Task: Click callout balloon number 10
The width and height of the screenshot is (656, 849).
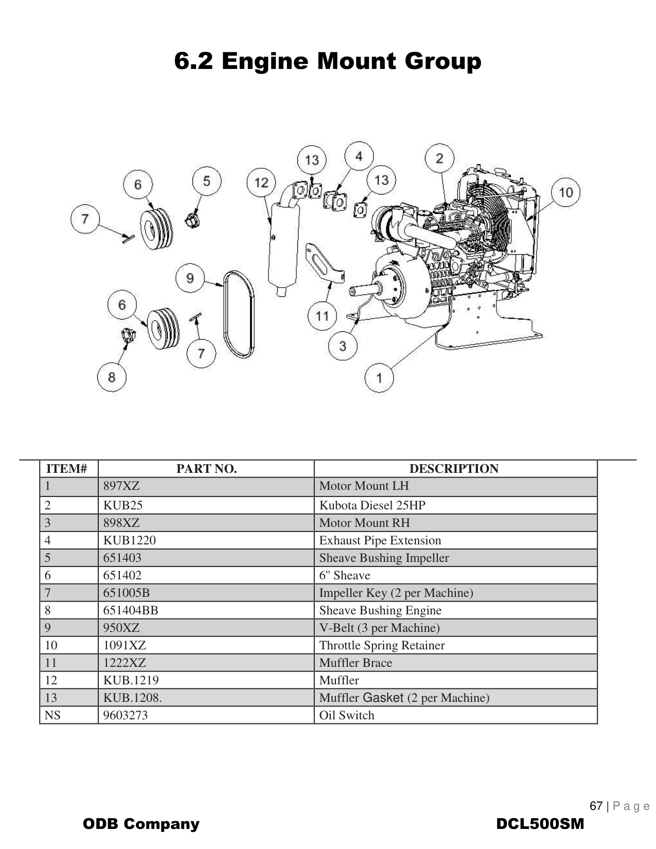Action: click(x=565, y=192)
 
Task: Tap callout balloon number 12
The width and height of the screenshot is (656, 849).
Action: click(x=261, y=182)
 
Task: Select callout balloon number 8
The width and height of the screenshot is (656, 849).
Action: click(x=112, y=377)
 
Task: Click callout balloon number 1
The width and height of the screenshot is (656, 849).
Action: click(x=379, y=378)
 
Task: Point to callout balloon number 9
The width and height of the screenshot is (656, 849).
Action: click(x=190, y=278)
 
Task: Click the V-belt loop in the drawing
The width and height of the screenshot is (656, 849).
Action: click(x=238, y=313)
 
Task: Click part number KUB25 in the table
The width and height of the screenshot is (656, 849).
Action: click(x=123, y=505)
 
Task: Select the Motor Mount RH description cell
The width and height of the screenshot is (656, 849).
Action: click(x=364, y=523)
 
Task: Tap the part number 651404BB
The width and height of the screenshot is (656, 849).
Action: click(x=131, y=610)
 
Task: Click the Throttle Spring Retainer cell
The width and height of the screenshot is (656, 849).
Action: click(x=382, y=645)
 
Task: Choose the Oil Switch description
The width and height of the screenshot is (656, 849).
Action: click(x=347, y=715)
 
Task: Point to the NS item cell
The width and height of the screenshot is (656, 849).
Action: click(x=52, y=715)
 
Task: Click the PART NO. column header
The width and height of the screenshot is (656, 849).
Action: click(x=206, y=469)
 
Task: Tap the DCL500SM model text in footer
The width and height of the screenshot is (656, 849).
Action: click(x=540, y=824)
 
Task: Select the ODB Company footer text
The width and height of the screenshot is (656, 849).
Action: click(x=141, y=824)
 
